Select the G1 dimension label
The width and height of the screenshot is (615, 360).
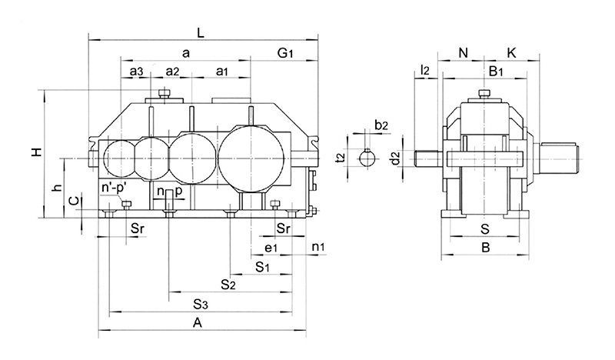pyautogui.click(x=286, y=54)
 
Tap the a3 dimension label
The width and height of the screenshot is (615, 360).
pyautogui.click(x=136, y=72)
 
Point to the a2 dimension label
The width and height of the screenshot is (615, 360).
pyautogui.click(x=171, y=72)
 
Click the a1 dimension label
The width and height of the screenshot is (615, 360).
pyautogui.click(x=221, y=72)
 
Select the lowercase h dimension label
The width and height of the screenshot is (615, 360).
pyautogui.click(x=55, y=188)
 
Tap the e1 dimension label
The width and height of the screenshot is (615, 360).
pyautogui.click(x=270, y=248)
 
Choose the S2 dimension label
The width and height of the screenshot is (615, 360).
pyautogui.click(x=228, y=285)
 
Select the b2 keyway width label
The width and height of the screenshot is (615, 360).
pyautogui.click(x=381, y=125)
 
